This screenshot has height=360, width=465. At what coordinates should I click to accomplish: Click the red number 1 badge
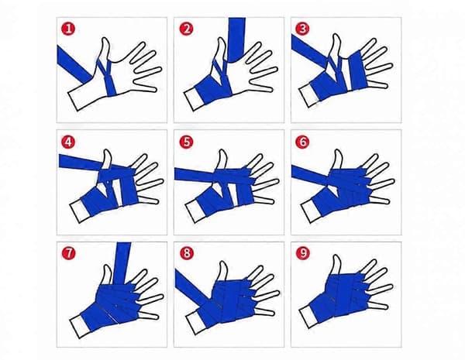(68, 29)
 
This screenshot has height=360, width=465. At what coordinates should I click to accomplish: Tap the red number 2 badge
(186, 29)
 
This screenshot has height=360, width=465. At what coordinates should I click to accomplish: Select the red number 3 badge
(302, 29)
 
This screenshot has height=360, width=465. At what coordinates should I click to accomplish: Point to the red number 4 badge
(68, 142)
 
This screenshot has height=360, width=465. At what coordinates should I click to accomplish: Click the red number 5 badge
(186, 142)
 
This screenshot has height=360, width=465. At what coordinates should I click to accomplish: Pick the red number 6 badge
(302, 142)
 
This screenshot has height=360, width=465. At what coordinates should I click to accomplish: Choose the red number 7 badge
(69, 253)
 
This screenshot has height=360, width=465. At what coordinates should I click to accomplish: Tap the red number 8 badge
(187, 253)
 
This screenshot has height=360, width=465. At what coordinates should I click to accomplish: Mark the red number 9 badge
(302, 252)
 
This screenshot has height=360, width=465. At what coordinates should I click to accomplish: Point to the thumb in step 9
(336, 266)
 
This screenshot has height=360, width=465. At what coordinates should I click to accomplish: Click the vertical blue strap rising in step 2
(236, 39)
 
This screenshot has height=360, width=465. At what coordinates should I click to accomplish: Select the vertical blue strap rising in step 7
(122, 264)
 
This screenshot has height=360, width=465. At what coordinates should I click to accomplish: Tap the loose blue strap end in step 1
(74, 65)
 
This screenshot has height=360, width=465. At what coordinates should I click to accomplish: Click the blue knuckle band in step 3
(357, 70)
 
